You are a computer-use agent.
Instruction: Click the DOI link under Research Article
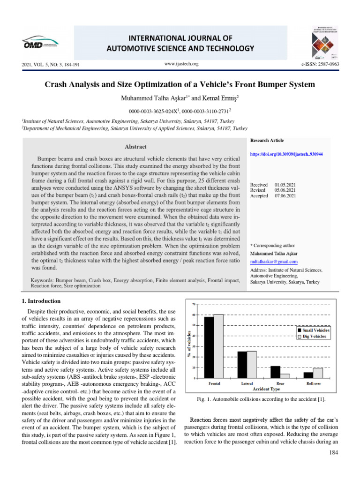tap(286, 154)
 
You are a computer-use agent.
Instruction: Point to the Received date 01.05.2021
tap(285, 185)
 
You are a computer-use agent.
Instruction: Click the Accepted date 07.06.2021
tap(285, 196)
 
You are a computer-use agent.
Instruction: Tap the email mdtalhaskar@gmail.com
tap(274, 262)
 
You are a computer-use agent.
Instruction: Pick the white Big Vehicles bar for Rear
tap(285, 376)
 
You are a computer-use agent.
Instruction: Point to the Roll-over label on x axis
tap(314, 383)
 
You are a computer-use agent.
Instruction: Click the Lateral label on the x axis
tap(247, 383)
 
